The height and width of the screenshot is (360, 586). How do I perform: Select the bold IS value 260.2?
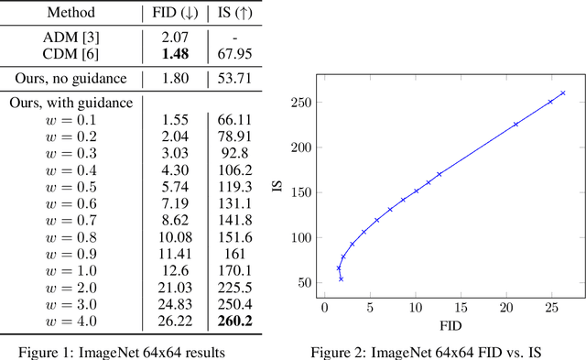[234, 321]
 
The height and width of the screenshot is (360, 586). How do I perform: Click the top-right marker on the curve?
[562, 93]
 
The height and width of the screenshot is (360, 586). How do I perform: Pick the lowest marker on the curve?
[342, 278]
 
